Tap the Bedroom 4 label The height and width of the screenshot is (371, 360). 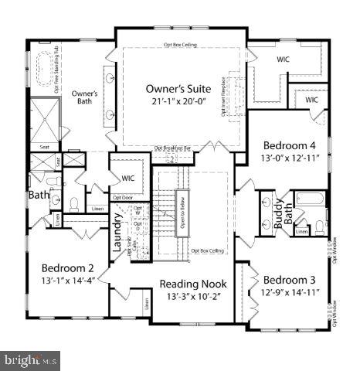pos(290,145)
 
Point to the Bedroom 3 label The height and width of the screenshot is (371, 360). pos(289,279)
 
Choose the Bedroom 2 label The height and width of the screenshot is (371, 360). pos(67,267)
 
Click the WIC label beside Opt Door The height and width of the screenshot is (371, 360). pos(128,178)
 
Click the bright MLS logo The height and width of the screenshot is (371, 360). pos(31,359)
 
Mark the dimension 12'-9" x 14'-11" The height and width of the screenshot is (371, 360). pos(289,292)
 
